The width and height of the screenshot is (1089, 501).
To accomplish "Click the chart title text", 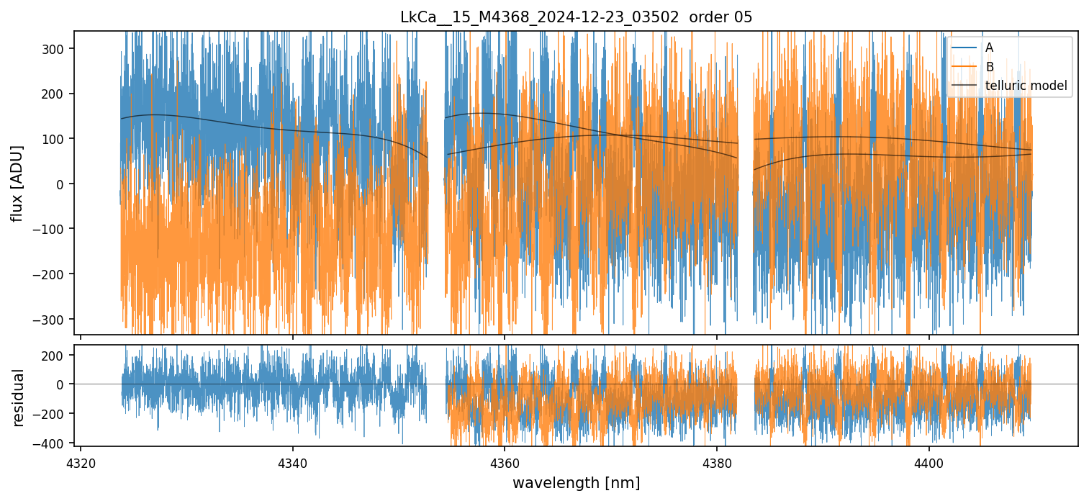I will point(576,17).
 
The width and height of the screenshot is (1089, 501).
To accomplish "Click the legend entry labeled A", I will point(989,48).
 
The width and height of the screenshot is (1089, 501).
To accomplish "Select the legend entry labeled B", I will point(989,67).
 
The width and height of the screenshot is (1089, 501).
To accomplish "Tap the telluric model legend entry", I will point(1026,86).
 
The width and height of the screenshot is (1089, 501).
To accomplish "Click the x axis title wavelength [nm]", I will point(576,482).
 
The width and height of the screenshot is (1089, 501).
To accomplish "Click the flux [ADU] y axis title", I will point(17,183).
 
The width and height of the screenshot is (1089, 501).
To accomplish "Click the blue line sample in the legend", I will point(965,48).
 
